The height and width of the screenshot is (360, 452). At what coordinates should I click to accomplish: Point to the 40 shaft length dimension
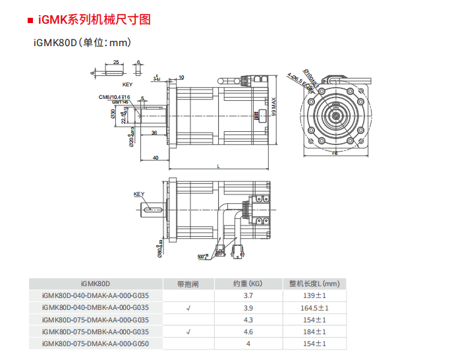(x=155, y=158)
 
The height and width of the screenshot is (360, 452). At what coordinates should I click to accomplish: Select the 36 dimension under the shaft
(x=154, y=133)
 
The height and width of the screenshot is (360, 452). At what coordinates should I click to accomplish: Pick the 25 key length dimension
(x=116, y=62)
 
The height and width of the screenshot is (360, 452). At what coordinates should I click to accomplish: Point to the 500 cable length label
(x=202, y=255)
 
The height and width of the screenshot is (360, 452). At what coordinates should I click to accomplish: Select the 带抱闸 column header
(x=188, y=284)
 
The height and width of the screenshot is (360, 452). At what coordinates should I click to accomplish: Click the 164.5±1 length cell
(x=314, y=308)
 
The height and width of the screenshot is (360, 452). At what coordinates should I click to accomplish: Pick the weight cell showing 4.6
(x=248, y=332)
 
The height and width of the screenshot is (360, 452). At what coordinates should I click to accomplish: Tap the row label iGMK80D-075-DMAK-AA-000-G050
(x=95, y=344)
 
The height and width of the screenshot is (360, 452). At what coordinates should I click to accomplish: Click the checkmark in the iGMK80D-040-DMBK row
(x=188, y=308)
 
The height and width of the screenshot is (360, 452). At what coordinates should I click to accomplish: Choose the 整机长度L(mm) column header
(x=314, y=284)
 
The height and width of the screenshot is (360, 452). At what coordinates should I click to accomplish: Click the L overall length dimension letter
(x=218, y=166)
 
